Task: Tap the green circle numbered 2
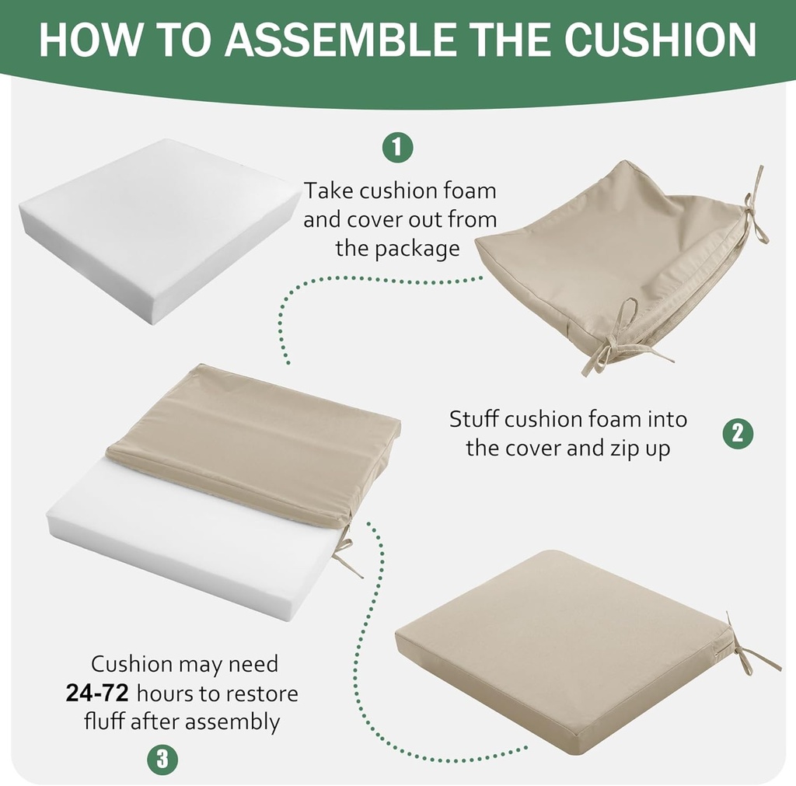(737, 433)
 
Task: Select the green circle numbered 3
(162, 758)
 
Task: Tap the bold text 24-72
(97, 693)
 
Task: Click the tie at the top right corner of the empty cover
(752, 210)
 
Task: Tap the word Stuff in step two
(473, 419)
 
